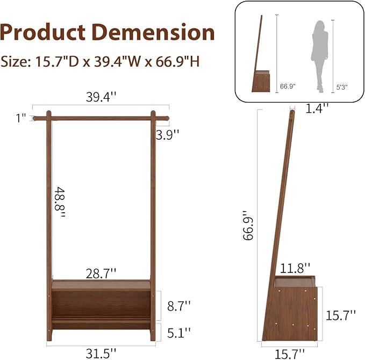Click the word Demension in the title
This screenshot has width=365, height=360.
click(153, 32)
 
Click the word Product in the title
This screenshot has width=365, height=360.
click(42, 32)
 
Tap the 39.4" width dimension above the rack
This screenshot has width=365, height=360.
click(101, 97)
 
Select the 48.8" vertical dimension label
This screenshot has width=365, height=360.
click(60, 202)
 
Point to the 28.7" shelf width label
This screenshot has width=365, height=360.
click(101, 273)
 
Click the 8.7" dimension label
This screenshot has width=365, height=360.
click(179, 306)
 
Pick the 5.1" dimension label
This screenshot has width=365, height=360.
click(179, 333)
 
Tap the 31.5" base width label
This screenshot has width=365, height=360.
click(101, 354)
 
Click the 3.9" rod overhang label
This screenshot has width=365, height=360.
click(167, 134)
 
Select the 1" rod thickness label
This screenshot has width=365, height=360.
click(21, 118)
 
